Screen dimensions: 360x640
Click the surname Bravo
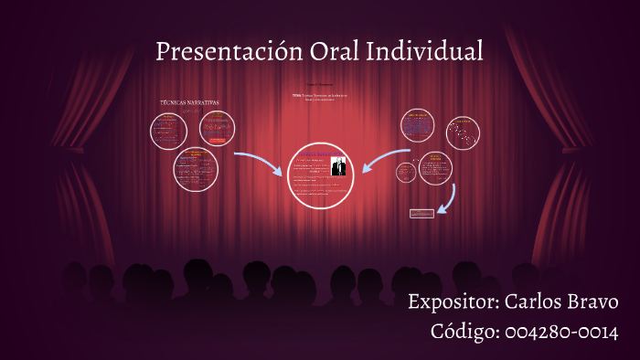tap(593, 302)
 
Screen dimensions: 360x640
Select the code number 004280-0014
tap(561, 331)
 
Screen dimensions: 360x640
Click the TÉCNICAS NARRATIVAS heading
tap(189, 102)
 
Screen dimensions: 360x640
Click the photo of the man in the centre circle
tap(338, 166)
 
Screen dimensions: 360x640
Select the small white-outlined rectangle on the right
tap(421, 213)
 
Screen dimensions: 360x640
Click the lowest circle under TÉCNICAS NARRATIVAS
tap(196, 169)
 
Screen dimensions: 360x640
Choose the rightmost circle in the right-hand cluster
tap(464, 133)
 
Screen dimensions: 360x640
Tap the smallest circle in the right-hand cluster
tap(406, 171)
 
